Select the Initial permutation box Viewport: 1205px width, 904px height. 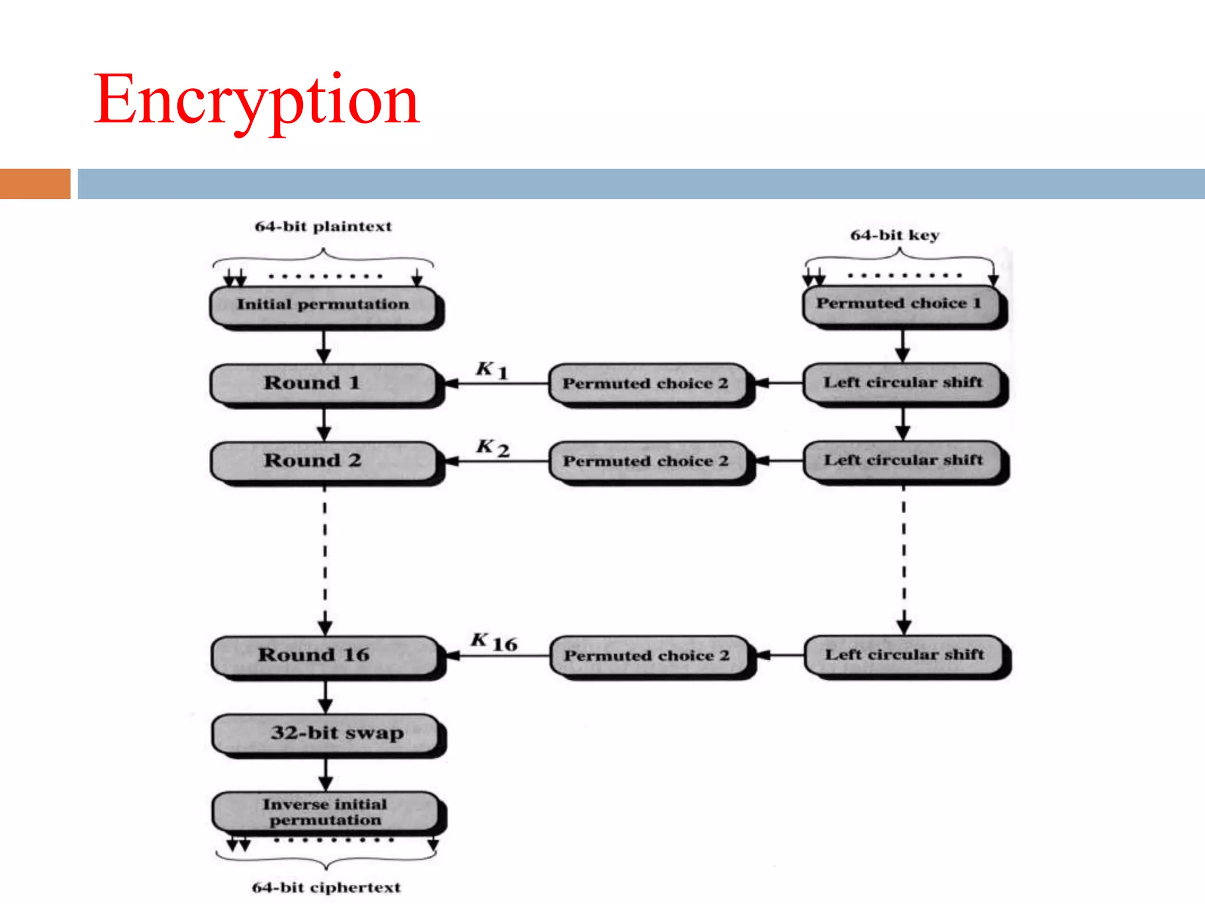point(324,305)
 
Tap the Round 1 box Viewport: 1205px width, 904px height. point(324,383)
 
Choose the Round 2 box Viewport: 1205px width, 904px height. point(324,461)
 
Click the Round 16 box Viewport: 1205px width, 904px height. point(325,655)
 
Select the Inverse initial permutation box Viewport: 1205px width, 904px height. point(326,812)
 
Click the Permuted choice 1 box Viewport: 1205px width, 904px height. point(900,304)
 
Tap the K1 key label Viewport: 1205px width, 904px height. point(491,370)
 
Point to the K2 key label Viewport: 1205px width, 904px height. point(492,448)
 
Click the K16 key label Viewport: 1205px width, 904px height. point(494,642)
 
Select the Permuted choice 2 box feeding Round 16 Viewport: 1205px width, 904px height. point(647,656)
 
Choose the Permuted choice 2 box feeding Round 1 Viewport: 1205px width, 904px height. point(646,384)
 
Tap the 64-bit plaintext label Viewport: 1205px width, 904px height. point(323,227)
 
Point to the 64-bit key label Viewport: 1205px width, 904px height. point(894,235)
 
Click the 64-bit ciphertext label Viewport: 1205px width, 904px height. point(326,888)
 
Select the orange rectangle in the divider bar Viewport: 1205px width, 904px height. point(35,184)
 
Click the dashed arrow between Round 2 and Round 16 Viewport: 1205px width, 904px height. point(325,559)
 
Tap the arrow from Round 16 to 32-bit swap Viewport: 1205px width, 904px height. point(326,697)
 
